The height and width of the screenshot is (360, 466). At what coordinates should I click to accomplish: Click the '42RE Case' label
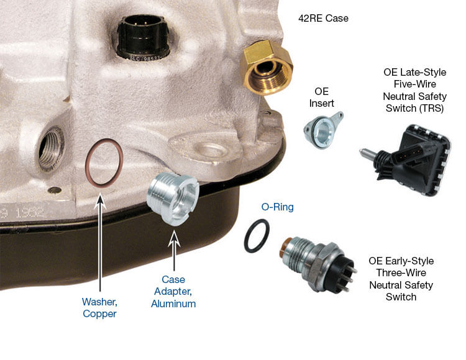323,19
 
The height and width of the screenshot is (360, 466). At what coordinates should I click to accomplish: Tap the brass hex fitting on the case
267,68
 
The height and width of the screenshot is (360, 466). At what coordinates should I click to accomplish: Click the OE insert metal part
322,130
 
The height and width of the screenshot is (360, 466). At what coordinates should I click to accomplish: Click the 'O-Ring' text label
277,207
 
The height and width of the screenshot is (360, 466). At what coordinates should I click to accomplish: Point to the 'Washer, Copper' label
99,307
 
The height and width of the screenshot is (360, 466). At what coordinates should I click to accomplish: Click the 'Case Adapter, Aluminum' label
173,292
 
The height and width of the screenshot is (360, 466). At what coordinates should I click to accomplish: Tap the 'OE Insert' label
322,97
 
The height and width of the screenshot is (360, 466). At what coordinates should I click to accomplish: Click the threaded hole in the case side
51,148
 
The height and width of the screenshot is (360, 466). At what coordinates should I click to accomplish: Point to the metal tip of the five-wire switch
367,153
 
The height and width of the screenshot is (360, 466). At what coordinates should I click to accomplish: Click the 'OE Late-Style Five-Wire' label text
415,78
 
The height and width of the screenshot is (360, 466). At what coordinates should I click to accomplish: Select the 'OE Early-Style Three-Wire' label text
401,266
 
